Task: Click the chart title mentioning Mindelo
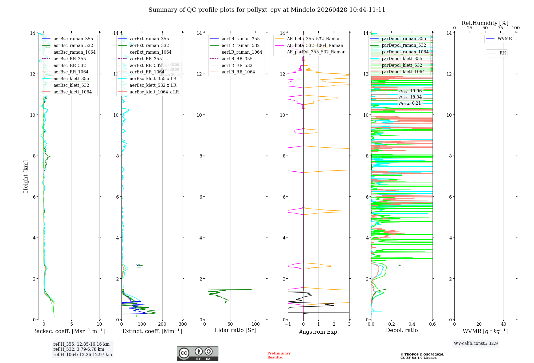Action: [x=267, y=10]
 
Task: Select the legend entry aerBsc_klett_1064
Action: [x=72, y=92]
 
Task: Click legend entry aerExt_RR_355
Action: [x=146, y=59]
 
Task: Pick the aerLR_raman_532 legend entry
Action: [x=240, y=45]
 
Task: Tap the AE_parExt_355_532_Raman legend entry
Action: [x=316, y=52]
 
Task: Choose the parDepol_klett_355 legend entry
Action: [x=402, y=58]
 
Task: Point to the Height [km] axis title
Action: [x=26, y=176]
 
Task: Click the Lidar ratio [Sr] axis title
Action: [x=235, y=330]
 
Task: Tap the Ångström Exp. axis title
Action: [x=319, y=332]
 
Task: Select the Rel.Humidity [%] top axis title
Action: [x=485, y=23]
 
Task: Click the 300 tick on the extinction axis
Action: [x=183, y=324]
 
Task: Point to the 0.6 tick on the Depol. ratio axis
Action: [x=432, y=324]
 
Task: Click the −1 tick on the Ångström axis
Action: [x=288, y=324]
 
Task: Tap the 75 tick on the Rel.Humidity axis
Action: [x=500, y=28]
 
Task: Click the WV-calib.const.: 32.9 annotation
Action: [x=476, y=343]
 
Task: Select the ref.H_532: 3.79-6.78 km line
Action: [x=78, y=349]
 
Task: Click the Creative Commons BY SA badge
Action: [x=197, y=353]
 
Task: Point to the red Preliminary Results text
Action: [x=279, y=355]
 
